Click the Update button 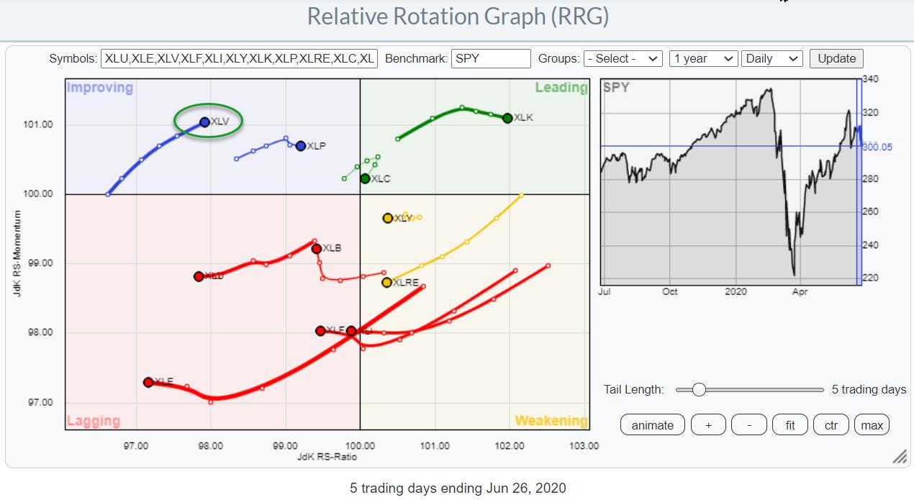pyautogui.click(x=836, y=59)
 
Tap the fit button pyautogui.click(x=789, y=425)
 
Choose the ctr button pyautogui.click(x=831, y=425)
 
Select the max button pyautogui.click(x=872, y=425)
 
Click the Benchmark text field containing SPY pyautogui.click(x=491, y=59)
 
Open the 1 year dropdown pyautogui.click(x=703, y=59)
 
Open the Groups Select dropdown pyautogui.click(x=623, y=59)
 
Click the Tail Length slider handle pyautogui.click(x=698, y=390)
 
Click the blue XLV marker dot pyautogui.click(x=205, y=122)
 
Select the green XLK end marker pyautogui.click(x=507, y=118)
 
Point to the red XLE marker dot pyautogui.click(x=148, y=382)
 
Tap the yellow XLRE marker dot pyautogui.click(x=387, y=282)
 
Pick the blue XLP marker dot pyautogui.click(x=301, y=146)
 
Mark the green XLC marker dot pyautogui.click(x=365, y=178)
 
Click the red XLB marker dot pyautogui.click(x=316, y=249)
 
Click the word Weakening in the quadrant pyautogui.click(x=551, y=421)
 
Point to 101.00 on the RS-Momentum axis pyautogui.click(x=40, y=125)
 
